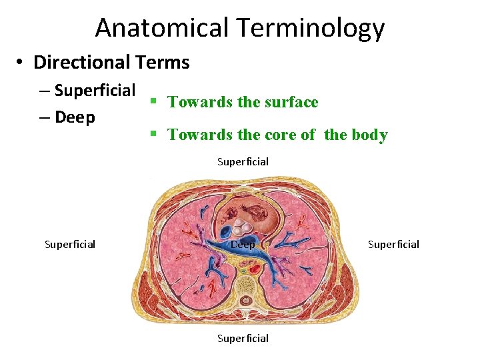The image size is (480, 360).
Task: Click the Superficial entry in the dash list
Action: (95, 90)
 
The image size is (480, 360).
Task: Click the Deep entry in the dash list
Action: (75, 117)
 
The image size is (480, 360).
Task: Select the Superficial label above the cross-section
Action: (243, 161)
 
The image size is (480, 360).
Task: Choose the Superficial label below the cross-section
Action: (243, 338)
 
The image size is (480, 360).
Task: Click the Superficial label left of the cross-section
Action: (70, 244)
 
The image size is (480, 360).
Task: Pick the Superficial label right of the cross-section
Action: (393, 244)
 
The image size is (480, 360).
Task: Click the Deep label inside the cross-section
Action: (243, 245)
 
